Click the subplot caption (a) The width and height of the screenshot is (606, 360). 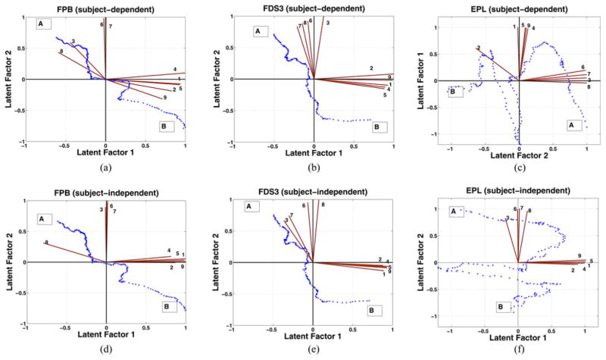point(105,165)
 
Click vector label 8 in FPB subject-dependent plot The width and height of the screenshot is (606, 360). point(61,52)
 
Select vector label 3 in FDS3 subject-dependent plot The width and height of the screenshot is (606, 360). point(327,23)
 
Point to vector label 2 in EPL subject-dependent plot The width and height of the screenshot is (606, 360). point(479,49)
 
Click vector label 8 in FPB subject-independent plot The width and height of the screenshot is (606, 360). point(47,243)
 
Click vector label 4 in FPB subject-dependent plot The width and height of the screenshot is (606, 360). point(175,69)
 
